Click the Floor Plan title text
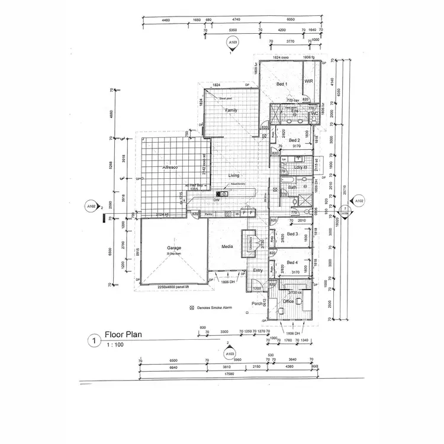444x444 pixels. coord(123,334)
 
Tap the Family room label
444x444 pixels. coord(231,111)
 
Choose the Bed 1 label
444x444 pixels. coord(282,85)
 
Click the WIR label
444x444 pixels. coord(308,81)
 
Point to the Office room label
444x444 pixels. coord(288,301)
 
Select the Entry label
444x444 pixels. coord(258,271)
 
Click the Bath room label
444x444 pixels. coord(292,187)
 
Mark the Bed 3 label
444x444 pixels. coord(291,234)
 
